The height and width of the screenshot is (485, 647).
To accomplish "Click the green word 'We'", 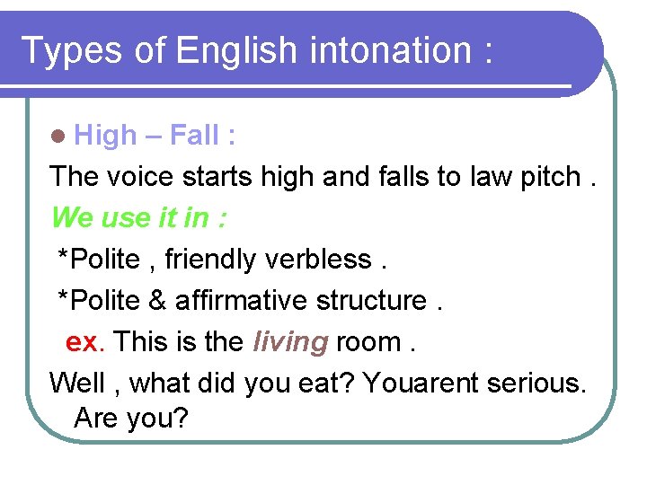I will (x=71, y=217).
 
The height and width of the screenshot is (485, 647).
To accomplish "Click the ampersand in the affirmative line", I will (x=157, y=301).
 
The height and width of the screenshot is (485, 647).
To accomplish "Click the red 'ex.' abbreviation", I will (x=86, y=342).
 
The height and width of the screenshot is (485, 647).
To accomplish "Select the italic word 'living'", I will (x=290, y=342).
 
